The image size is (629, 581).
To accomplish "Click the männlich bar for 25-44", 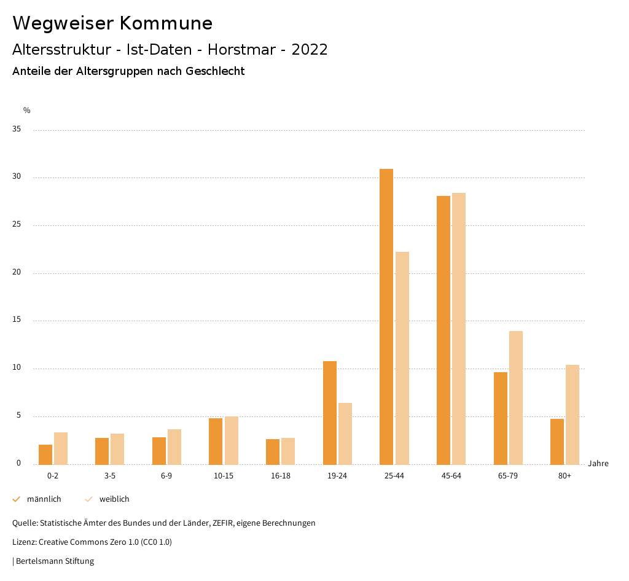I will tap(386, 316).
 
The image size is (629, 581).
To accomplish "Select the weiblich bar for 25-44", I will tap(402, 358).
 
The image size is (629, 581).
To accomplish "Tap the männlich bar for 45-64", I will tap(443, 330).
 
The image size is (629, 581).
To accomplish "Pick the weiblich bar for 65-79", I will tap(516, 397).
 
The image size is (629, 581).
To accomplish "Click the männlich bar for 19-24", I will tap(330, 413).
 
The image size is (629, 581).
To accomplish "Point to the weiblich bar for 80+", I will tap(572, 415).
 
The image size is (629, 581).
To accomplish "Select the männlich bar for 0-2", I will tap(45, 454).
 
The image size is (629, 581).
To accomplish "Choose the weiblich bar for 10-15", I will tap(232, 440).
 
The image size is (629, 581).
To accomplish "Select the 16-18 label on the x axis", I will tap(280, 476).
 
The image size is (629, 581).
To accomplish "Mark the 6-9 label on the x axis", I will tap(166, 476).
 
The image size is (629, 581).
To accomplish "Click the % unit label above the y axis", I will tap(27, 111).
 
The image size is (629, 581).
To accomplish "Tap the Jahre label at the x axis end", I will tap(598, 464).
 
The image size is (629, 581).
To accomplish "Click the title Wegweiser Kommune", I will tap(112, 23).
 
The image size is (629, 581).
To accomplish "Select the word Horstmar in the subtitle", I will tap(241, 50).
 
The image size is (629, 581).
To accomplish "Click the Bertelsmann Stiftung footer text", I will tap(55, 561).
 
